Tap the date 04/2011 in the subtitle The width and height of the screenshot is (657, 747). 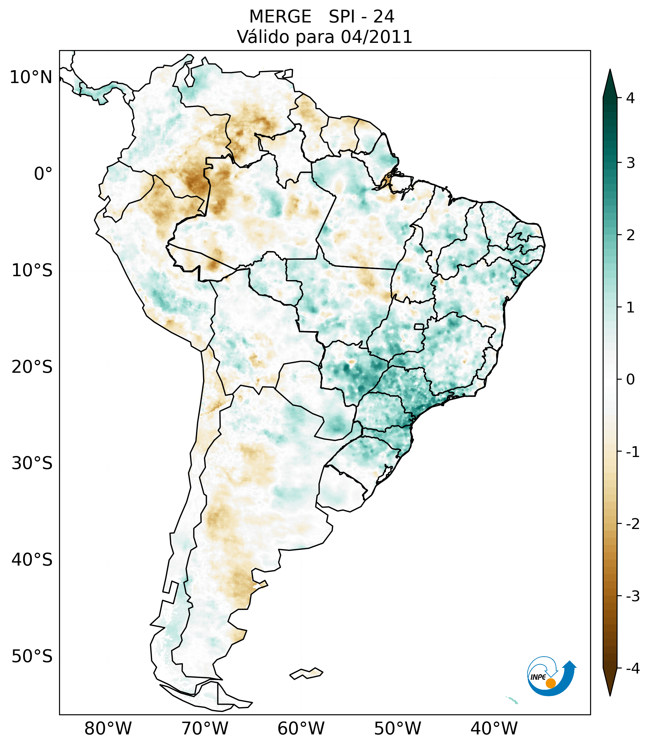(x=376, y=37)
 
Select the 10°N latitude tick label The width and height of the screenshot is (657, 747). (x=31, y=77)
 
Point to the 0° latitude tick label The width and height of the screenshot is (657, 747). (x=43, y=174)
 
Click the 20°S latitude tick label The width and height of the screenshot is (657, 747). (x=32, y=367)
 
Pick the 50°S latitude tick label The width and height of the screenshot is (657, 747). (x=32, y=656)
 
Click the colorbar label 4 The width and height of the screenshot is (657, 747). (x=630, y=98)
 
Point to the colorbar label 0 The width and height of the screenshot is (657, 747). (x=630, y=380)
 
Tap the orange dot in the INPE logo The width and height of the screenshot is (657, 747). (x=551, y=683)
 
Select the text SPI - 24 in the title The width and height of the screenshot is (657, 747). (x=361, y=17)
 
